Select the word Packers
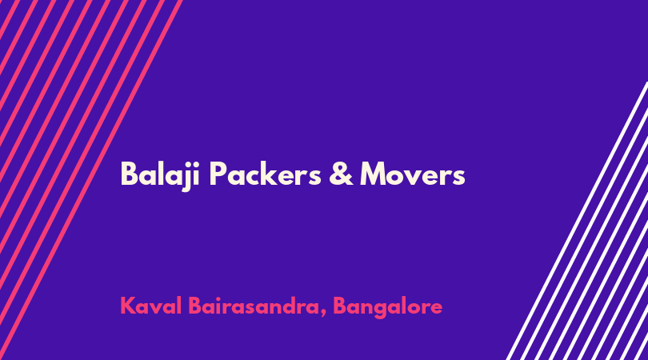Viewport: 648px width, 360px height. (266, 174)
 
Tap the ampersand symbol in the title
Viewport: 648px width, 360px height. (341, 174)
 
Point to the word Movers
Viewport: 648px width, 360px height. (413, 174)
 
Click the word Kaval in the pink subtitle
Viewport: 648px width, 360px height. (151, 306)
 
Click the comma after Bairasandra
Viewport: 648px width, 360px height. (322, 314)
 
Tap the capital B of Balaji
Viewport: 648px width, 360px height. (129, 174)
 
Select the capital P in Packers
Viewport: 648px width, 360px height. (218, 174)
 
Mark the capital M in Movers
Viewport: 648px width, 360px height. (375, 174)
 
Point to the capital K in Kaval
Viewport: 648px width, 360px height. (129, 306)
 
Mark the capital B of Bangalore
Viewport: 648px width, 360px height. (340, 306)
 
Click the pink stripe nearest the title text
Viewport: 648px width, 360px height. (91, 180)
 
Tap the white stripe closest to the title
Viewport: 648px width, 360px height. (577, 221)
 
